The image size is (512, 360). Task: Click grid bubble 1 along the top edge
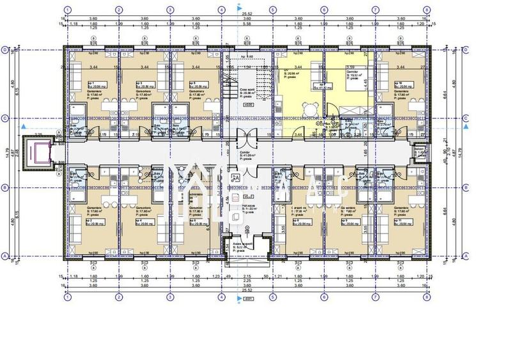(x=67, y=11)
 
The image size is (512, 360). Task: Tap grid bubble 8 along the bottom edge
(x=426, y=297)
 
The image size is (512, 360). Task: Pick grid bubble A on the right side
(x=467, y=255)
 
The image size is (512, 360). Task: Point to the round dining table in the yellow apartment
(x=311, y=107)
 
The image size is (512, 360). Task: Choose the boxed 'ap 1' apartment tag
(x=89, y=83)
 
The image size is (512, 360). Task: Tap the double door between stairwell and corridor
(x=247, y=136)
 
